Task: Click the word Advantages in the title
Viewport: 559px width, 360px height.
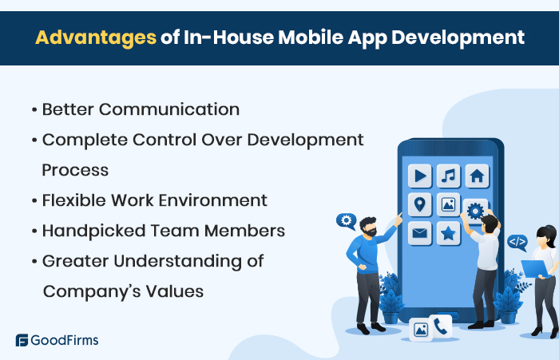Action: point(95,38)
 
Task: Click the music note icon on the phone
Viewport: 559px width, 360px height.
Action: point(449,176)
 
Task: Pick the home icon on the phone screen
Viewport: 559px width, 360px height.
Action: point(477,176)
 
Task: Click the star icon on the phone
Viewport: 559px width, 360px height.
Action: point(449,233)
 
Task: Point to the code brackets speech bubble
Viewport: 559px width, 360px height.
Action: point(517,239)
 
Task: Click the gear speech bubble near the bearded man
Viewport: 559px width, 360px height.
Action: point(346,220)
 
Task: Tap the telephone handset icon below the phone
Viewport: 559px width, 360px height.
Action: point(440,326)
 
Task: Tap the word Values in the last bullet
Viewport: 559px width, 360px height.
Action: point(177,291)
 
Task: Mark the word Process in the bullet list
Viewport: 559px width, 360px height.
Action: point(75,170)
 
